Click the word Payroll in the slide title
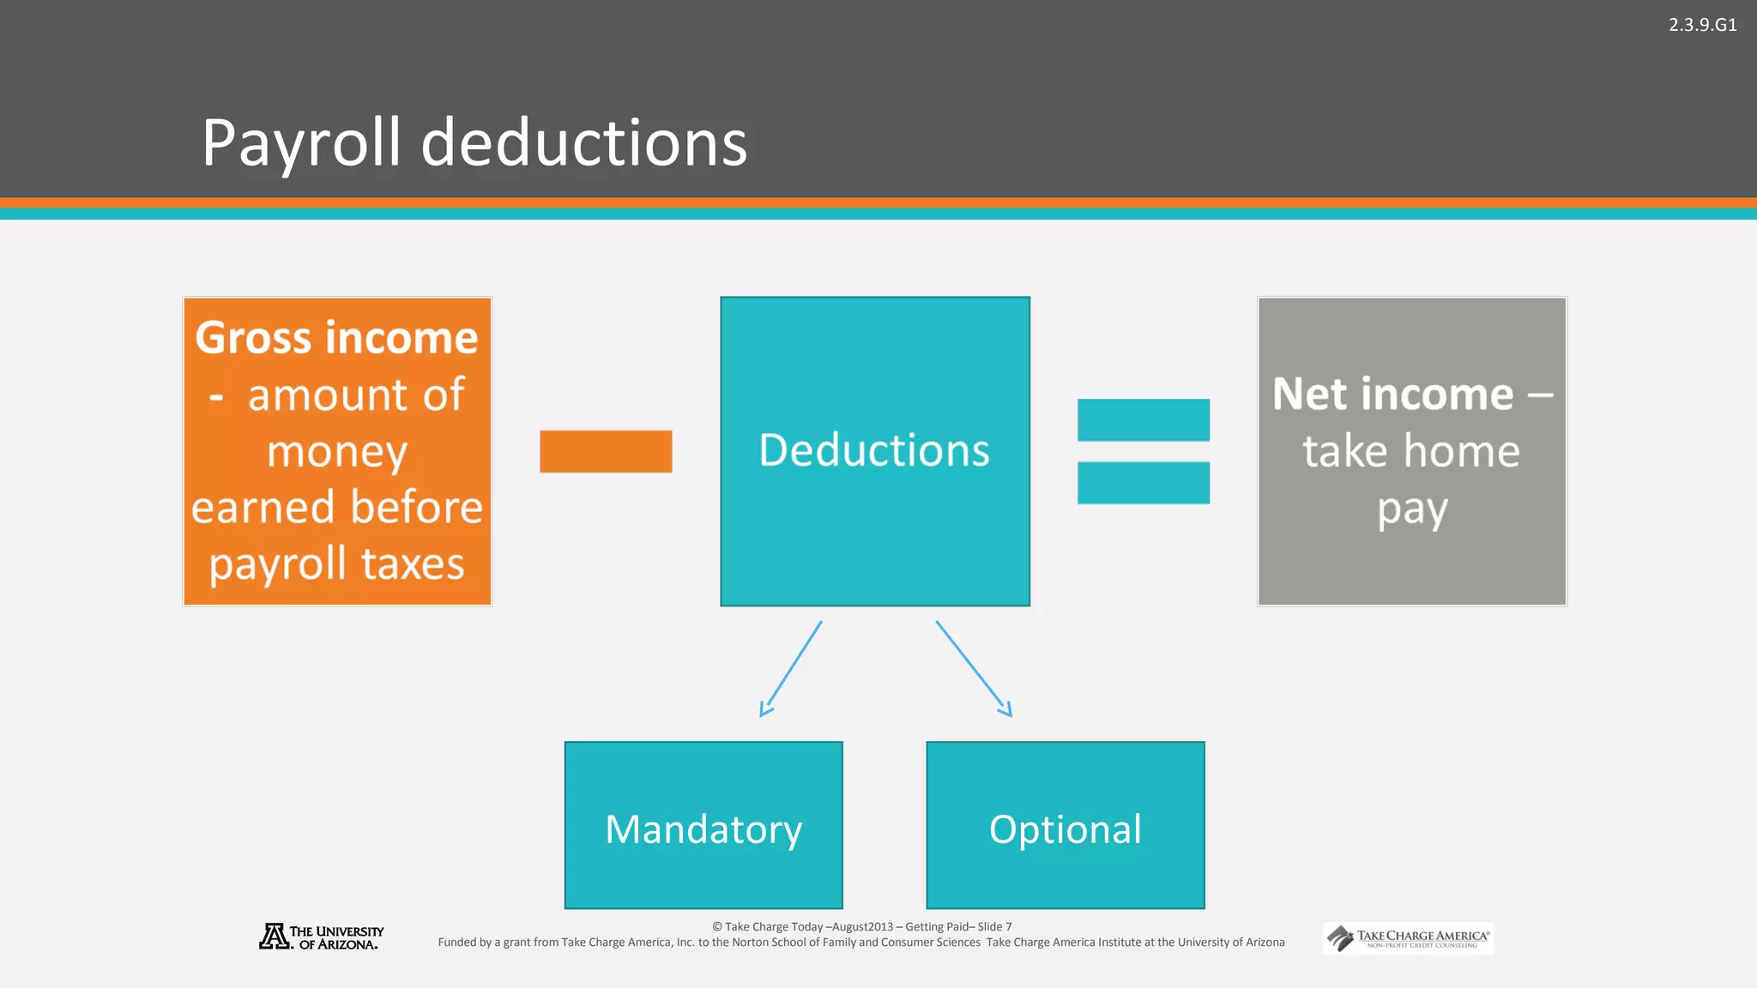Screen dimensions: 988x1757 click(300, 142)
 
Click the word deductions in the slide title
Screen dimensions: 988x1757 click(584, 142)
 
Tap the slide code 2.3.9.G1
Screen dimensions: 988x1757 click(1702, 25)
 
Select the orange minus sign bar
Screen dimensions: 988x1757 click(606, 451)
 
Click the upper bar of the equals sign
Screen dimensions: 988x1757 click(1144, 420)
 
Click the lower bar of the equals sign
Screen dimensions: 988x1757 click(1144, 483)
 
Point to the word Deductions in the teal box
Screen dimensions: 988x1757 click(874, 450)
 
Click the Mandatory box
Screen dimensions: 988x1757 click(703, 825)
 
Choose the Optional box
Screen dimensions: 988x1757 click(1065, 825)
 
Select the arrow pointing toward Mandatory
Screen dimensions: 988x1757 click(791, 669)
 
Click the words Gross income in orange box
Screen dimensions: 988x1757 click(336, 338)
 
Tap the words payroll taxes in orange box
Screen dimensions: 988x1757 click(336, 564)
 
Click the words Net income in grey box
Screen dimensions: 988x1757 click(1393, 395)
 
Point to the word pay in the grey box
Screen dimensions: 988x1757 click(1412, 509)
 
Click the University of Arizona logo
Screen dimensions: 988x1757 click(322, 937)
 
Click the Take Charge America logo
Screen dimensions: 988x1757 click(1408, 938)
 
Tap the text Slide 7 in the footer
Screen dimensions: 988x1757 click(994, 927)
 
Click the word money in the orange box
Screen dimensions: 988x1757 click(336, 452)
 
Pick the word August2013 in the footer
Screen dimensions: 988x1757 click(862, 927)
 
